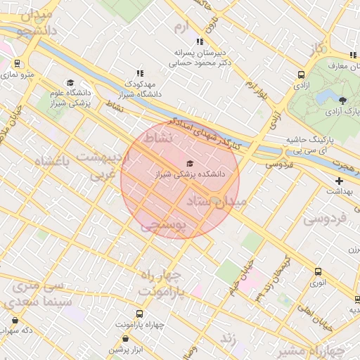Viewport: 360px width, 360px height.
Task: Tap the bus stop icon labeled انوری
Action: [x=319, y=272]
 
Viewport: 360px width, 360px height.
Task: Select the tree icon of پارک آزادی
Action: [x=342, y=100]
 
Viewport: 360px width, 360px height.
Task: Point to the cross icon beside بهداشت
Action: [x=338, y=181]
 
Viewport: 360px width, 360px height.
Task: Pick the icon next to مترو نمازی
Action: [x=17, y=63]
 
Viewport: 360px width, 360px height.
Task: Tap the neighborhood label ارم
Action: [x=182, y=27]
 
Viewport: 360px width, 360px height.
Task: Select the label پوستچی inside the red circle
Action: [x=162, y=225]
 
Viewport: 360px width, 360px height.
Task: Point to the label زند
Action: [x=227, y=338]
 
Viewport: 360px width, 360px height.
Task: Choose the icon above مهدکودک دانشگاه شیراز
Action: [x=139, y=72]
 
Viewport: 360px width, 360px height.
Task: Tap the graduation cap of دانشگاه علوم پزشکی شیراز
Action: [x=70, y=83]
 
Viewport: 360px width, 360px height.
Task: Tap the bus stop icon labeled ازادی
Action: [x=301, y=75]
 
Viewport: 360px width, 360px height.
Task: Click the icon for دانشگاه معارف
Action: [x=353, y=56]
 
